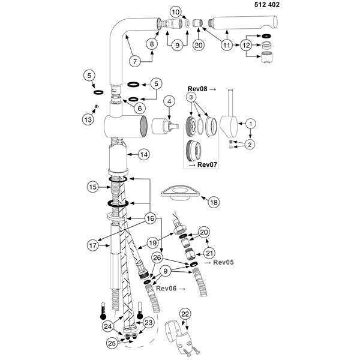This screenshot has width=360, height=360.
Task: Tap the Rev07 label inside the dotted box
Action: tap(206, 165)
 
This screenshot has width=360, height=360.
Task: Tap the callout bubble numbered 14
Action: tap(143, 154)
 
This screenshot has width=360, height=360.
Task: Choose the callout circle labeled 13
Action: tap(89, 119)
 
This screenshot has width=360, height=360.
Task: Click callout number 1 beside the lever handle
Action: tap(251, 123)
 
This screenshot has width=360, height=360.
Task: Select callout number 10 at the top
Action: tap(175, 11)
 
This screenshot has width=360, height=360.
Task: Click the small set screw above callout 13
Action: tap(95, 106)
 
